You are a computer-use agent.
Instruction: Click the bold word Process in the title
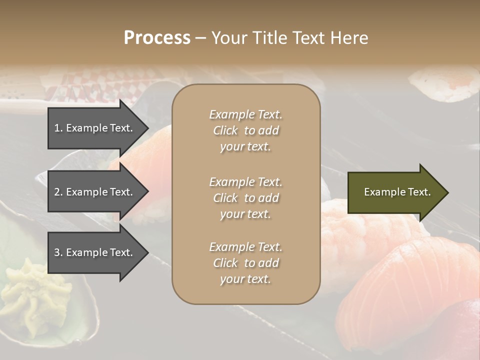(157, 38)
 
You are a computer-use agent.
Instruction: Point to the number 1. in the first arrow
(58, 128)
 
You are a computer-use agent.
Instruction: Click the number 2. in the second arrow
(58, 192)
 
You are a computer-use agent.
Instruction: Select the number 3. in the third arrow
(58, 252)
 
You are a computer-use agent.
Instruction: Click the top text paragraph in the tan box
(245, 130)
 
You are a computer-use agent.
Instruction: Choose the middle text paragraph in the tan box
(245, 197)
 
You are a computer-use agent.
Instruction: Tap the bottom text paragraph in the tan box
(245, 263)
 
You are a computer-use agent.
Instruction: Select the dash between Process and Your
(200, 38)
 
